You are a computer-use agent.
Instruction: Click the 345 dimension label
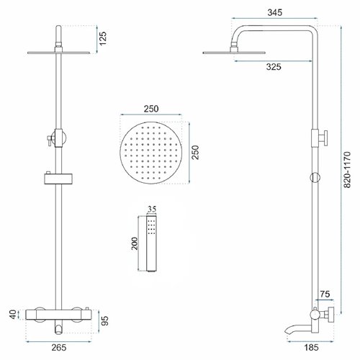coord(275,12)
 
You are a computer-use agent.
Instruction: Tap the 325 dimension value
coord(274,67)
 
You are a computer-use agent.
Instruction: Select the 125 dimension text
coord(103,38)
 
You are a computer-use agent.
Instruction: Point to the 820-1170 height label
coord(347,169)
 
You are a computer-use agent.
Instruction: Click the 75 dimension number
coord(325,294)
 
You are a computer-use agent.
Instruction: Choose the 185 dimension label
coord(311,347)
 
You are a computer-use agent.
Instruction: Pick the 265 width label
coord(59,347)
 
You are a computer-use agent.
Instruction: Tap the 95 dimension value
coord(104,320)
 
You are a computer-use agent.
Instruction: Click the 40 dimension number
coord(13,315)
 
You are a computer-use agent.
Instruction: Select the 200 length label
coord(135,243)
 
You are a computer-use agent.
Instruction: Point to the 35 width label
coord(152,210)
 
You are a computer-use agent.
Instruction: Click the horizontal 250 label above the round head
coord(151,109)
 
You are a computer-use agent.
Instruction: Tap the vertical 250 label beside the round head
coord(196,153)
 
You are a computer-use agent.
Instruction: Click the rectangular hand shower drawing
coord(151,244)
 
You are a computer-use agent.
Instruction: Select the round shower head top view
coord(150,153)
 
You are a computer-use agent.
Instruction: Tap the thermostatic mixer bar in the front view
coord(58,315)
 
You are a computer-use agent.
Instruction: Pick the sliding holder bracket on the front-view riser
coord(59,179)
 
